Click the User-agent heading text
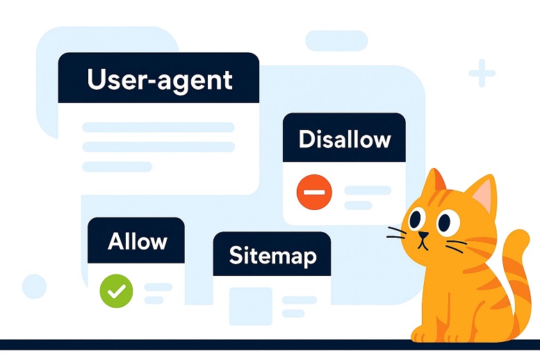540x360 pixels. point(160,81)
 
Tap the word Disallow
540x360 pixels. point(345,140)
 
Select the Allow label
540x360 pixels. point(138,240)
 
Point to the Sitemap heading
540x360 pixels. point(272,256)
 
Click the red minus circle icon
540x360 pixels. point(314,192)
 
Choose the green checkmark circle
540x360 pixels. point(116,291)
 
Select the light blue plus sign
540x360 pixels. point(482,73)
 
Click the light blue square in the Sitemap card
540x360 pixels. point(251,306)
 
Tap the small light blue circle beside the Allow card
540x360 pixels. point(35,286)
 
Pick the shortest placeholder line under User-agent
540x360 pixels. point(117,166)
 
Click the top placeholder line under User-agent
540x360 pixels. point(158,127)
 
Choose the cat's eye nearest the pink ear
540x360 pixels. point(448,222)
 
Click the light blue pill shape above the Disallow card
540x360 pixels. point(336,40)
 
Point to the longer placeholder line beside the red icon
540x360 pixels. point(368,190)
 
